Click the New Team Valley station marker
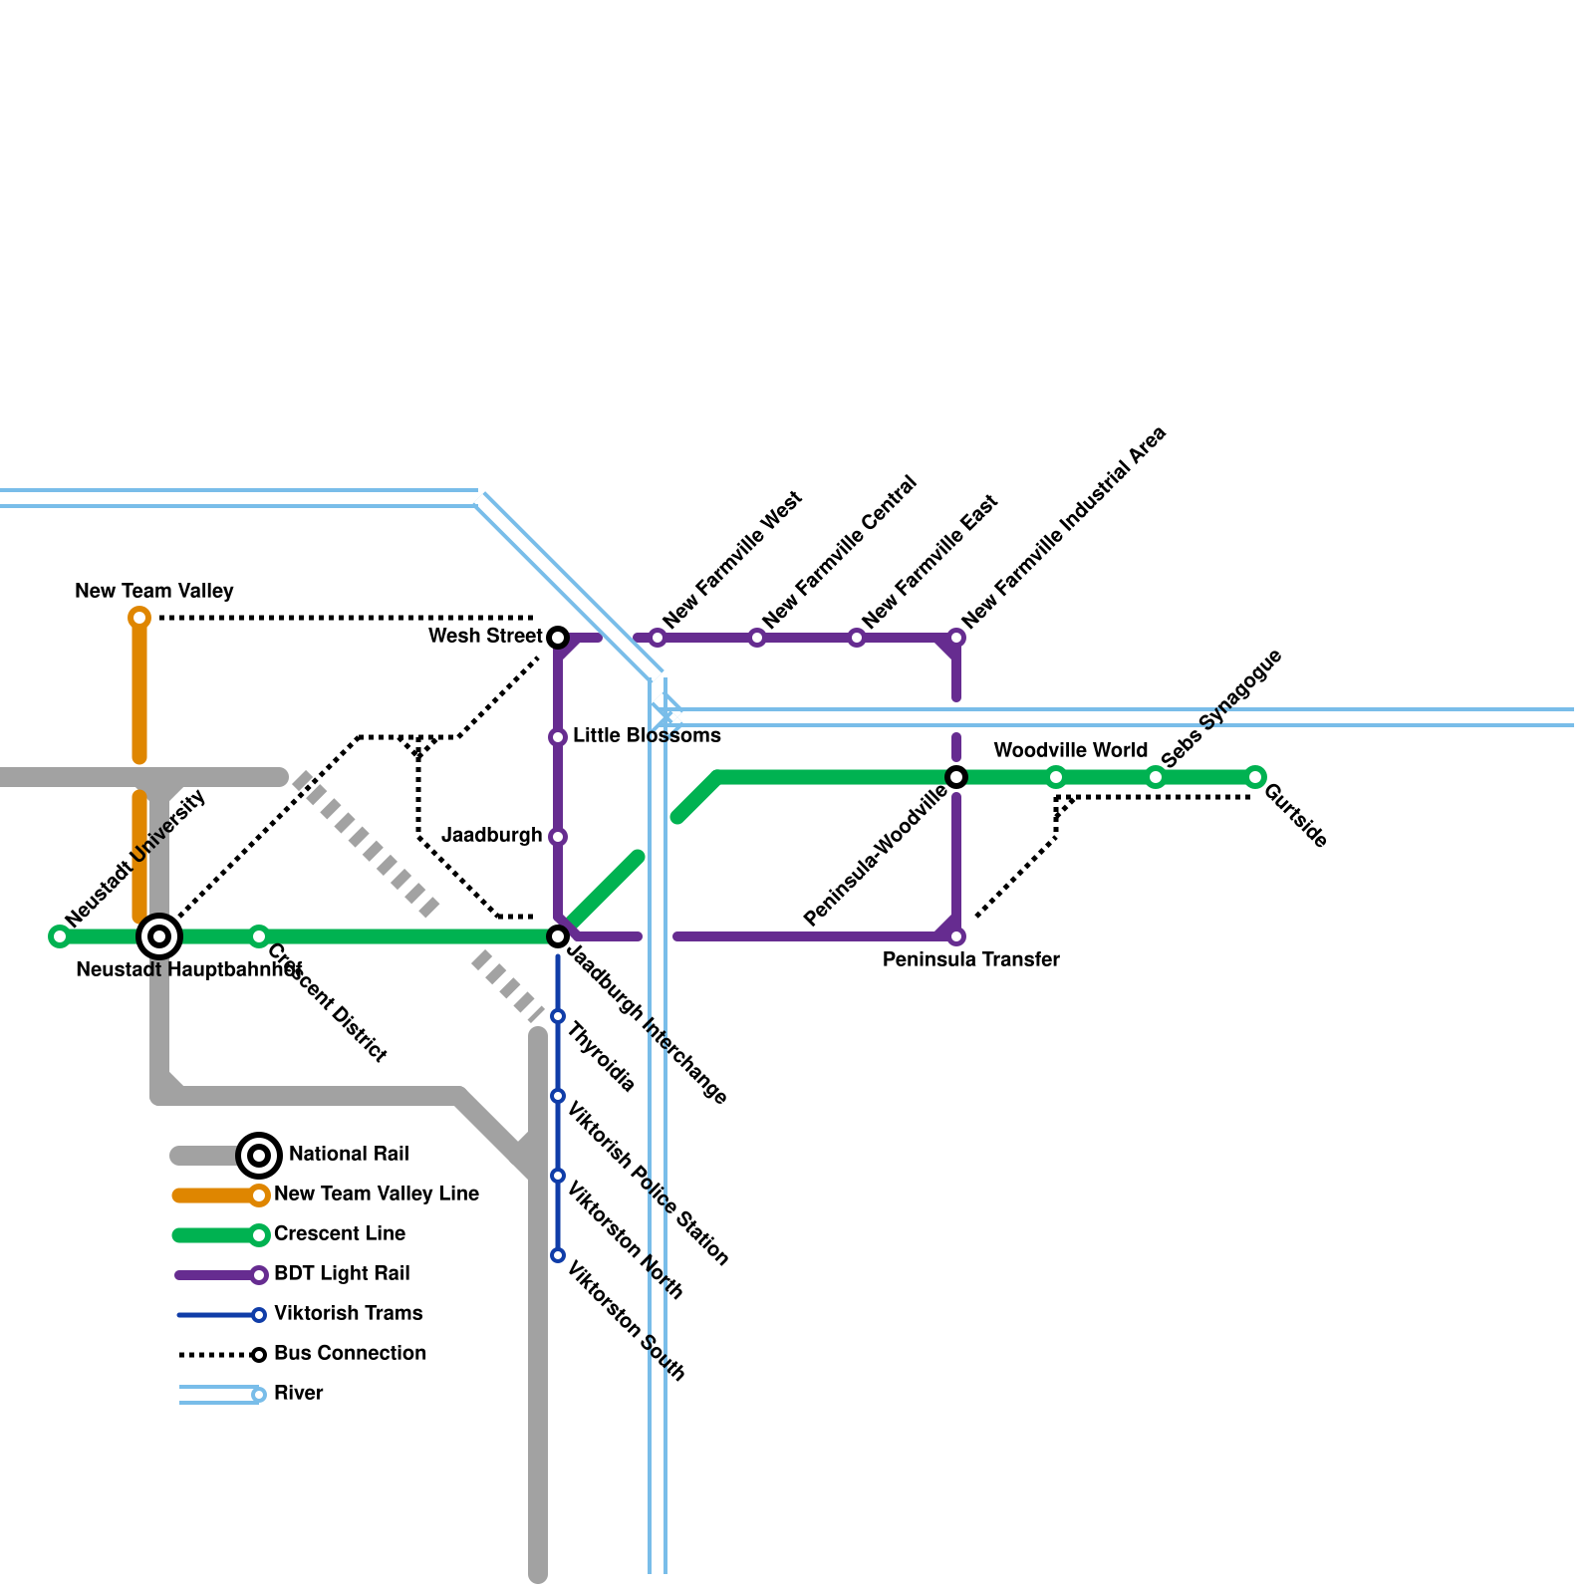[139, 618]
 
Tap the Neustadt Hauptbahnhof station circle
[159, 936]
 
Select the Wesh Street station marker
[558, 638]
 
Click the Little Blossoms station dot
[558, 737]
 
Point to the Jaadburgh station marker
[558, 837]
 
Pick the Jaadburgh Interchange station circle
[558, 936]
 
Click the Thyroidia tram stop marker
[558, 1016]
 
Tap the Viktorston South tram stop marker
[558, 1255]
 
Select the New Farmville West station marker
[658, 638]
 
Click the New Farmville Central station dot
[757, 638]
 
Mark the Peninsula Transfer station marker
[956, 936]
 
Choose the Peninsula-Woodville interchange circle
[956, 777]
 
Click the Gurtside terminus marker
[1255, 777]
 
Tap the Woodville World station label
[1070, 750]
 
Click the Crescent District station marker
[259, 936]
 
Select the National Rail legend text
[349, 1155]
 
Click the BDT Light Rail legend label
[342, 1274]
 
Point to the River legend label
[299, 1394]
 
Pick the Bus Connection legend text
[350, 1354]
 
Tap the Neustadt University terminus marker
[60, 936]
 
